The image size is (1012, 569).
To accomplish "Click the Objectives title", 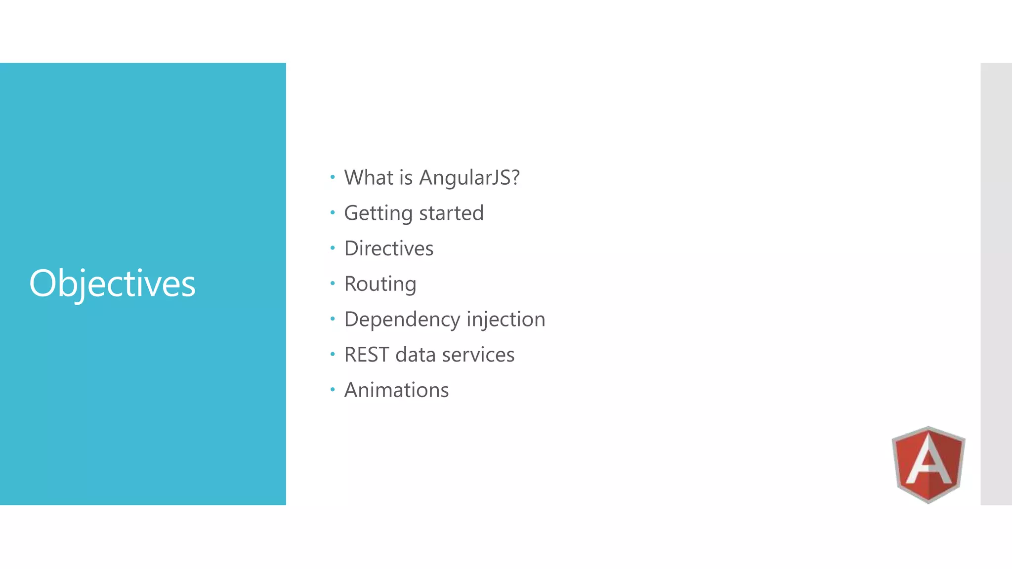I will coord(112,284).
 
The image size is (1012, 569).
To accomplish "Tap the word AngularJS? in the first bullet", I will coord(469,178).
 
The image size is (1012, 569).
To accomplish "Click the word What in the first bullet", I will coord(369,178).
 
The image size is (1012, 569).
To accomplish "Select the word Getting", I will coord(378,213).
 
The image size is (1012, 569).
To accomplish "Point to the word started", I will coord(451,213).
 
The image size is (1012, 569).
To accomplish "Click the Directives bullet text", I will coord(389,248).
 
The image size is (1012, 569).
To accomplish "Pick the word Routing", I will coord(380,284).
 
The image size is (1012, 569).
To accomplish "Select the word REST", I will coord(366,355).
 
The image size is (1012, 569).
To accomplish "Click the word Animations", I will coord(396,390).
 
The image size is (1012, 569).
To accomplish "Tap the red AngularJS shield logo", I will coord(928,464).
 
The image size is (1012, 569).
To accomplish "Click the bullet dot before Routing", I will coord(333,283).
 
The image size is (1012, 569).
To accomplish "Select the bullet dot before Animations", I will coord(333,390).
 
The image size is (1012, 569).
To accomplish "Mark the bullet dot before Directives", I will coord(333,247).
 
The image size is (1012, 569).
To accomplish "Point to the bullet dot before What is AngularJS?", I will coord(333,177).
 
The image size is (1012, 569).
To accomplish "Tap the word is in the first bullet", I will coord(406,178).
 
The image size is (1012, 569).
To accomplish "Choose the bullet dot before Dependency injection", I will coord(333,319).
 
